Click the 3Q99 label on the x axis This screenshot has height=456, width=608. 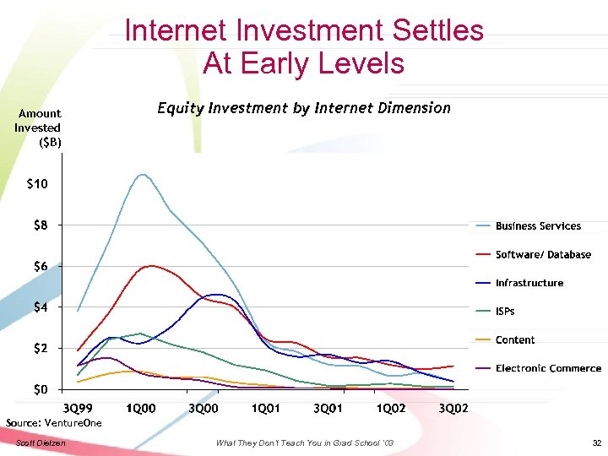(79, 409)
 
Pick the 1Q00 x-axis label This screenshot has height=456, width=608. (141, 409)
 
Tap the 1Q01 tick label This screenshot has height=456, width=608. (265, 409)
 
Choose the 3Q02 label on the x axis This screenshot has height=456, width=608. (453, 409)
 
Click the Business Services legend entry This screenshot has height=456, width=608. (538, 226)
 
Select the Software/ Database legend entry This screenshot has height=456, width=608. (543, 255)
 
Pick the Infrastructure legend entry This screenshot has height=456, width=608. (529, 284)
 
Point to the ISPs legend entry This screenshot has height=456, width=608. (505, 312)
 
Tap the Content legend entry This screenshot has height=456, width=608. (515, 340)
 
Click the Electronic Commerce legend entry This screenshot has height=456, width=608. (548, 369)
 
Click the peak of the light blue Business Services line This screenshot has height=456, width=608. (141, 175)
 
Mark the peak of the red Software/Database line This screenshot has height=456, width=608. (150, 266)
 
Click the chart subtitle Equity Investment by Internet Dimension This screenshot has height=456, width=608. (304, 108)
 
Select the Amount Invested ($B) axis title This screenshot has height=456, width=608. (39, 128)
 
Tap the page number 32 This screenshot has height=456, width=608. (596, 443)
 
